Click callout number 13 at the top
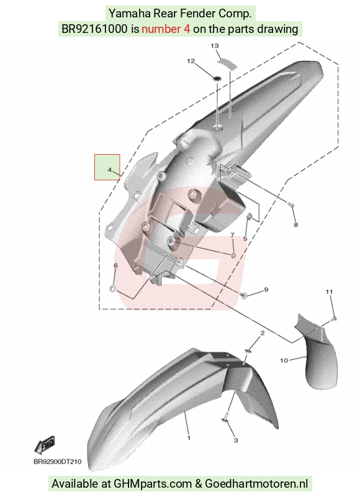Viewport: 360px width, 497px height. coord(215,46)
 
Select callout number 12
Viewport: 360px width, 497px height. coord(191,61)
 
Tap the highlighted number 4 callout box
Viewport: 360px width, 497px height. coord(107,167)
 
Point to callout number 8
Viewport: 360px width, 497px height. coord(295,225)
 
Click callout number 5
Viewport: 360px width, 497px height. coord(245,239)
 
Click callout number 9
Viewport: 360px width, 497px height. coord(266,290)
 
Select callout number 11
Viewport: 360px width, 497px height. coord(330,291)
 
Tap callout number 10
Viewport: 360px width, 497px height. coord(284,360)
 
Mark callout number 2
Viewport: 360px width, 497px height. coord(262,333)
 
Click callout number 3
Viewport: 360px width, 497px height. coord(236,440)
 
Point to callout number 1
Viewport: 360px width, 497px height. coord(189,438)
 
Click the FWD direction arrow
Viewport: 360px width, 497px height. coord(45,444)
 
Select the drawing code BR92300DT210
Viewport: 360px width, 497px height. coord(58,462)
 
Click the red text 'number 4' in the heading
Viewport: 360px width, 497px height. coord(166,29)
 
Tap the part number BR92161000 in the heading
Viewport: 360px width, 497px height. coord(94,29)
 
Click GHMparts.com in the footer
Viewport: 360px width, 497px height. coord(153,484)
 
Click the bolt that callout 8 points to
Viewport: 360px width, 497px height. coord(292,206)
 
